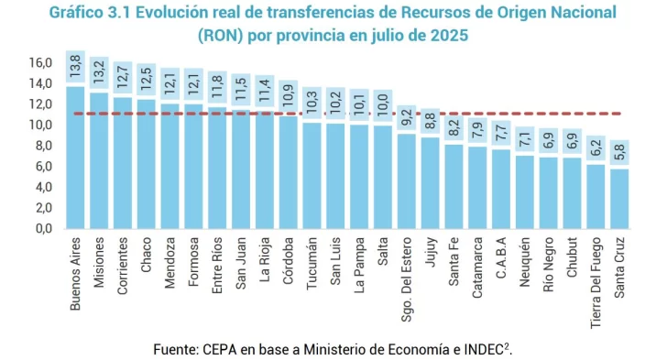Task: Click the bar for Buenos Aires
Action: click(x=75, y=158)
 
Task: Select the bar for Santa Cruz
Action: click(x=620, y=198)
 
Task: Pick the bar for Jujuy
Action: click(x=430, y=182)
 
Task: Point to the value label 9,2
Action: click(x=407, y=117)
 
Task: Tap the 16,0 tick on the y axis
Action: click(x=40, y=63)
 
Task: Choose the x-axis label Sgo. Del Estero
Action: click(x=407, y=277)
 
